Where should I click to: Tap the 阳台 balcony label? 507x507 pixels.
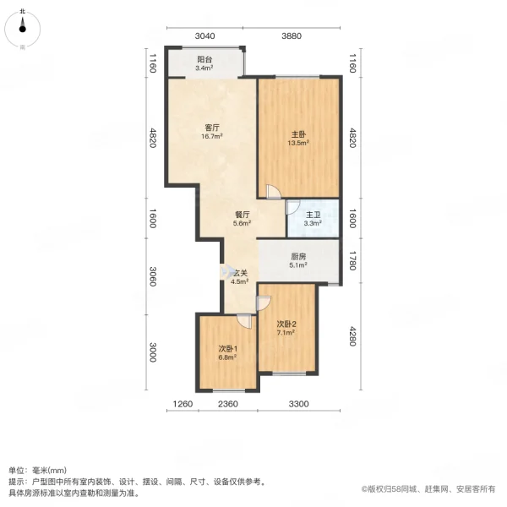204,60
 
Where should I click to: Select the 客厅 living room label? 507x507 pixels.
212,128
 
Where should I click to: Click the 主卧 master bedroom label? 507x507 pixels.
299,134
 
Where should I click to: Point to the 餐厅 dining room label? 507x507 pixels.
243,214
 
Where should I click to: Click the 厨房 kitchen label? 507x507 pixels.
298,257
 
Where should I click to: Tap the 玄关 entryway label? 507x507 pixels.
240,273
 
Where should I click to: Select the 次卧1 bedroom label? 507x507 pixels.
226,348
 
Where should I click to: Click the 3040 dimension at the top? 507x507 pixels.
205,35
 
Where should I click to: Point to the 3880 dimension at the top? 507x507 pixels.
292,35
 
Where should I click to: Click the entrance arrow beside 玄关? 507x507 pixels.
226,273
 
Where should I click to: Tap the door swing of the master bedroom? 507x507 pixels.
272,194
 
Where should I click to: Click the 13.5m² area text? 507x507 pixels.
299,144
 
